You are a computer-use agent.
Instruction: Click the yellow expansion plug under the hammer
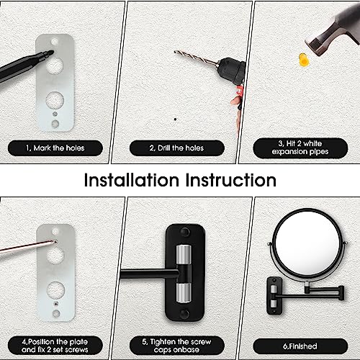pos(303,60)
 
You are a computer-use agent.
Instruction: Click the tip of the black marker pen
pos(52,53)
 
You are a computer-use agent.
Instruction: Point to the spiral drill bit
pos(195,58)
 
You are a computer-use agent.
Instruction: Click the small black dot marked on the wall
pos(176,119)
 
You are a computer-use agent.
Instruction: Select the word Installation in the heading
pos(132,180)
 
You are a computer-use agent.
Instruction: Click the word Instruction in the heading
pos(231,180)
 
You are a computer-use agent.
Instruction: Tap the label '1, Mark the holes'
pos(55,148)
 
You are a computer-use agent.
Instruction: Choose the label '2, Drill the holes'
pos(177,148)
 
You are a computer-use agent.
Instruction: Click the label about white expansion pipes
pos(300,148)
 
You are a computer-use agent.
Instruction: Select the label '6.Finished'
pos(300,346)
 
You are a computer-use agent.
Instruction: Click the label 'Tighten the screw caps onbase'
pos(177,346)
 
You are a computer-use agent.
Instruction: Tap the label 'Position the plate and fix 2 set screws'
pos(55,346)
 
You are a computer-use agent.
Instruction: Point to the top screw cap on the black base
pos(185,232)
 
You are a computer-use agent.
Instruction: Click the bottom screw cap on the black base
pos(185,313)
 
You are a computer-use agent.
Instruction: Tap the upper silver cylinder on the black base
pos(184,254)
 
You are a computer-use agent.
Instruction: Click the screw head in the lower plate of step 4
pos(56,304)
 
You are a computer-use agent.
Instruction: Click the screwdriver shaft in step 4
pos(27,246)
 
